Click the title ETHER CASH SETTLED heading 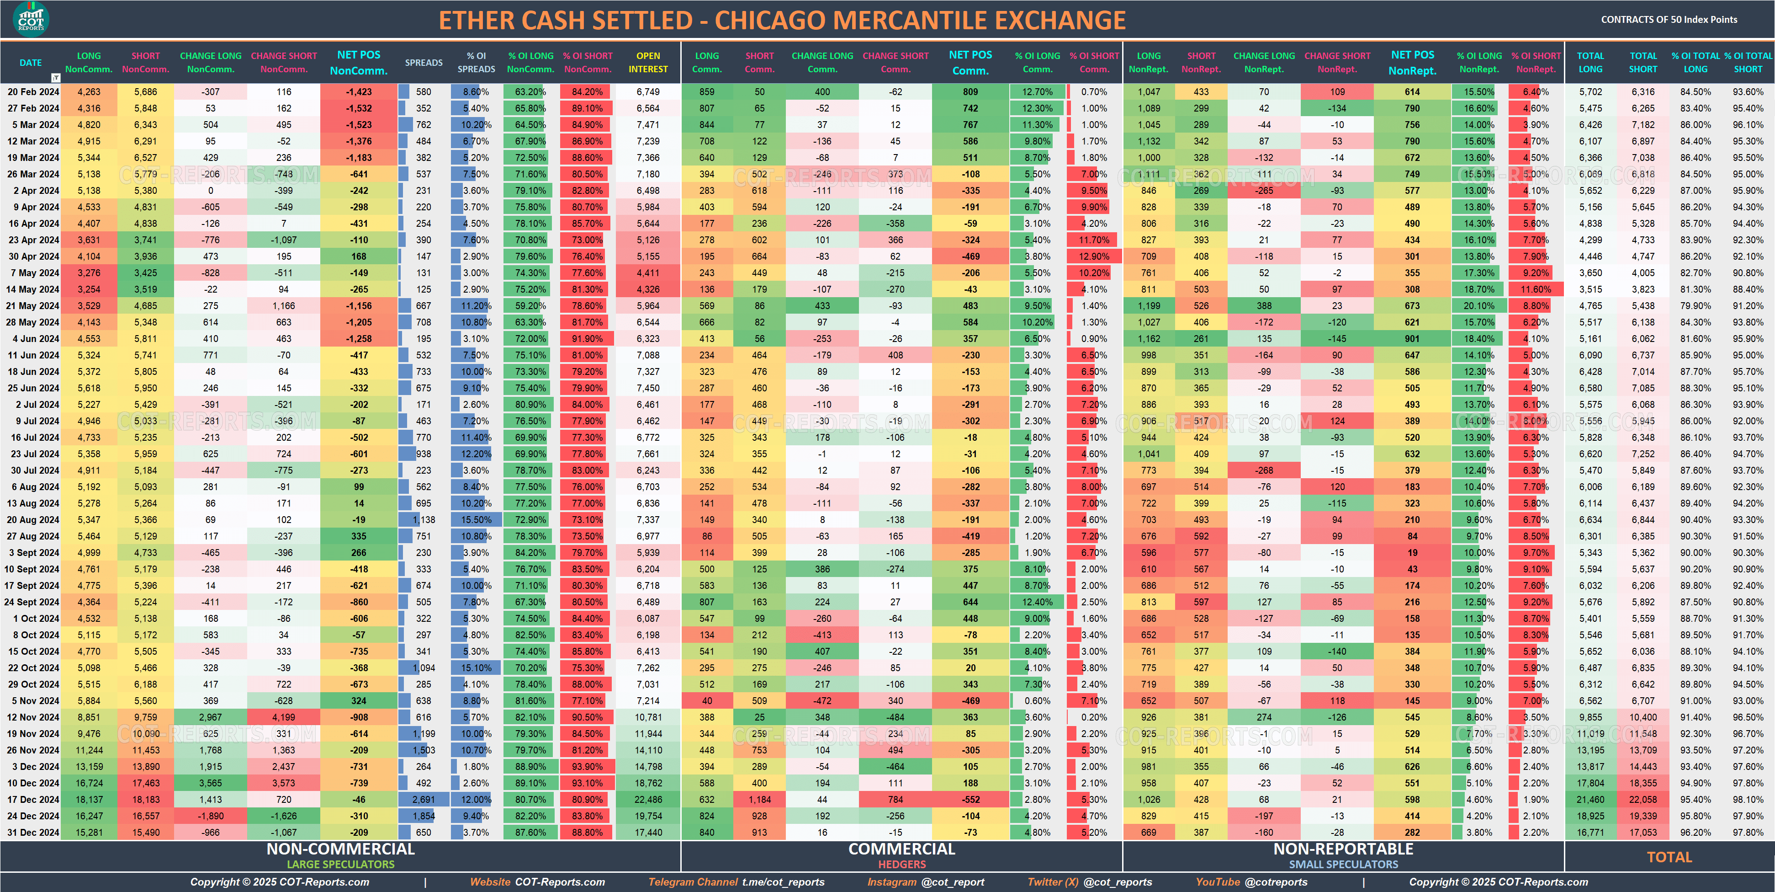point(782,21)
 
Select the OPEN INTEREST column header point(648,62)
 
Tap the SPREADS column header point(423,63)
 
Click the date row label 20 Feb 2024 point(33,92)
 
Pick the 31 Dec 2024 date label point(33,832)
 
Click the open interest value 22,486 point(648,800)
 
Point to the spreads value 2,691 point(423,800)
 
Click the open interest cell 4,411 point(648,273)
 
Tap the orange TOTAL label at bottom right point(1669,857)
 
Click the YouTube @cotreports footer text point(1250,881)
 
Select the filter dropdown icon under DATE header point(56,78)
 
